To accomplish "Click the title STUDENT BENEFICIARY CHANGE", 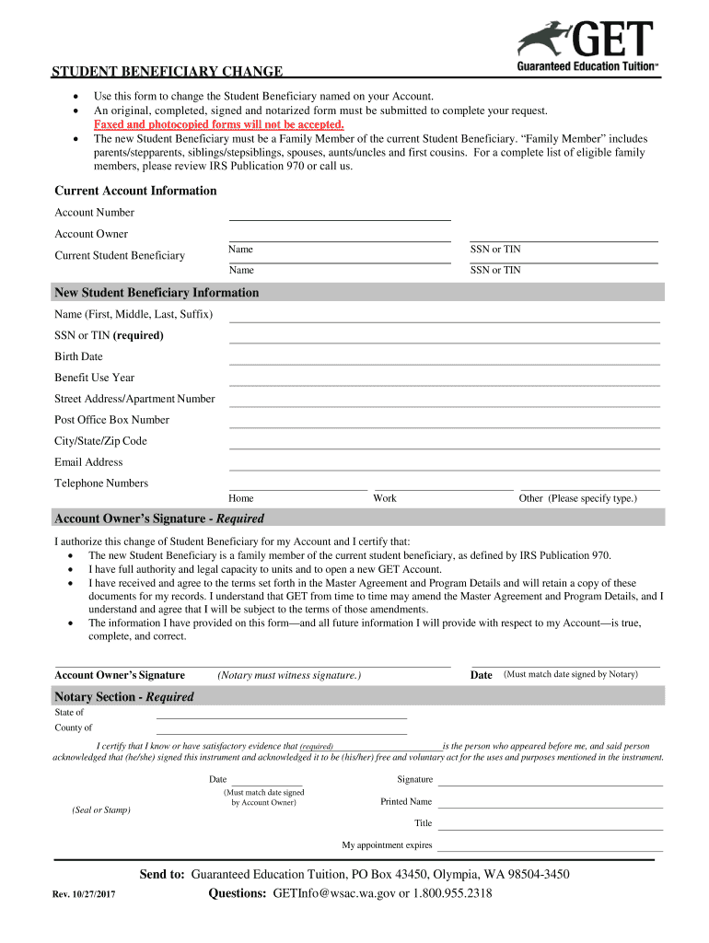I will (167, 73).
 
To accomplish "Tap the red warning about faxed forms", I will (219, 124).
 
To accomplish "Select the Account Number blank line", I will (339, 215).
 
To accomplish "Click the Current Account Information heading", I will (135, 191).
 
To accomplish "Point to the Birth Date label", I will (78, 356).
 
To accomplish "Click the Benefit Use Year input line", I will (444, 379).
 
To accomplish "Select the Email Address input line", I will (444, 464).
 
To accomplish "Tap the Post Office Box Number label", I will (111, 420).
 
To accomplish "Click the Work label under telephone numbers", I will (385, 498).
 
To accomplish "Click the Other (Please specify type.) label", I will (577, 498).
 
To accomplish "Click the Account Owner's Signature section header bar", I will (358, 518).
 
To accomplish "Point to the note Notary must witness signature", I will (288, 675).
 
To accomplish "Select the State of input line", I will (281, 714).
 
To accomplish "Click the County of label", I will (73, 728).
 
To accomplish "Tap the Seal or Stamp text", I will (101, 810).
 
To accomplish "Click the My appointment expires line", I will (549, 845).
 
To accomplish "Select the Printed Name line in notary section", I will (549, 803).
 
